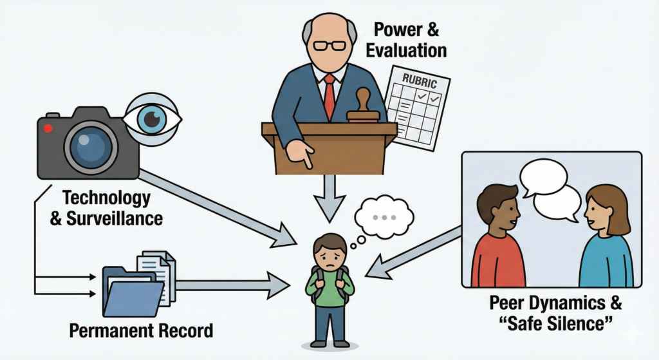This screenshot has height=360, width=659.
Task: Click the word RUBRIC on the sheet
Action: click(x=420, y=82)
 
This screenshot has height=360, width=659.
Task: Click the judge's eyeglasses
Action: click(x=330, y=46)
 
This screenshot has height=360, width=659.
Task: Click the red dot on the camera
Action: click(x=47, y=128)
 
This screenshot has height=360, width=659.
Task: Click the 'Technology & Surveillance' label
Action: click(x=106, y=207)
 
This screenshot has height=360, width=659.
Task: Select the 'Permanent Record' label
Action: click(x=140, y=332)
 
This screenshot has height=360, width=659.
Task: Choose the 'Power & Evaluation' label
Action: click(x=410, y=40)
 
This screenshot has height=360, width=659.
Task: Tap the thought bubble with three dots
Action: click(x=385, y=216)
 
